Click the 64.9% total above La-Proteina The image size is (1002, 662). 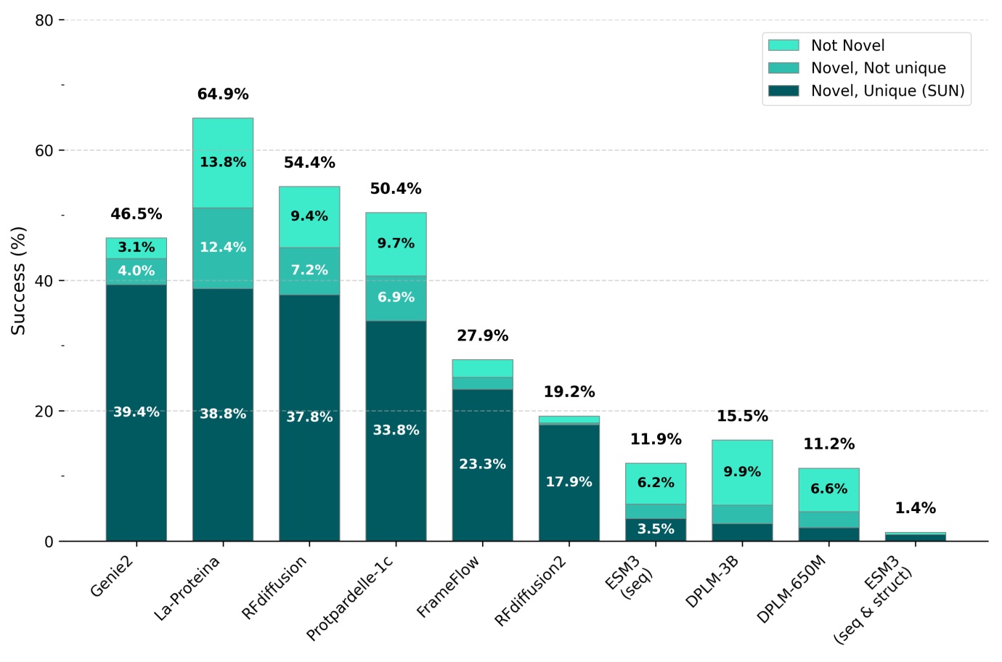223,94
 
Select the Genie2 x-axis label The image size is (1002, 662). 113,576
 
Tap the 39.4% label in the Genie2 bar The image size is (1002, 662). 136,412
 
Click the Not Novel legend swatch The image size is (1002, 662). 783,46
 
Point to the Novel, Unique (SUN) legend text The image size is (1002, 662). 887,91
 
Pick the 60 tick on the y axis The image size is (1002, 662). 44,150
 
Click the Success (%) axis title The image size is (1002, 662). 18,280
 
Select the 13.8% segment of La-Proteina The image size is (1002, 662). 223,162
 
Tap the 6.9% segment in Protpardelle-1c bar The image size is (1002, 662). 396,298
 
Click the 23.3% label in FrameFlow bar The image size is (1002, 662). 482,464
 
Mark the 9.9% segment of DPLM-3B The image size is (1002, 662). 742,472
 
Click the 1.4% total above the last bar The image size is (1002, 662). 915,508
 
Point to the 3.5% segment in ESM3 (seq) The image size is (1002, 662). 656,529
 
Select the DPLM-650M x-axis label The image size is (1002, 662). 791,589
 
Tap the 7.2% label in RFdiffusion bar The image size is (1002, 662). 309,270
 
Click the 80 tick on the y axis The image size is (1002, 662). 44,20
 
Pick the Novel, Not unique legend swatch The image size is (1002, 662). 783,68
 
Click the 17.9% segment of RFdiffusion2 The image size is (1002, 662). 569,482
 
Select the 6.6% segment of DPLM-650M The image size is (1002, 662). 828,489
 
